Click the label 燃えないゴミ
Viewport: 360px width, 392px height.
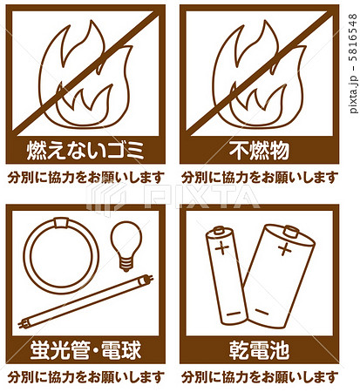[x=85, y=151]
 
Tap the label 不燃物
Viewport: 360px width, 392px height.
[x=259, y=151]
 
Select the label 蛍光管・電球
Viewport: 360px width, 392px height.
[x=85, y=349]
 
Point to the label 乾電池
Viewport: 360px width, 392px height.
[x=259, y=349]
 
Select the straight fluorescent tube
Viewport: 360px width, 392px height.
[x=85, y=301]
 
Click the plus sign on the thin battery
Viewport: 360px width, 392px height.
[x=221, y=249]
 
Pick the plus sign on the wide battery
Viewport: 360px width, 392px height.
[x=285, y=249]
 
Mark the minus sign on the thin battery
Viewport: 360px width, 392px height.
[x=234, y=314]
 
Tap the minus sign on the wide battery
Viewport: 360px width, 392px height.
[x=262, y=312]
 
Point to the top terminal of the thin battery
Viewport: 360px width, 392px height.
[x=219, y=231]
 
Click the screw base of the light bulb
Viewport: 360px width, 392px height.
[x=126, y=264]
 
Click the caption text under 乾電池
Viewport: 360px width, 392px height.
[x=260, y=377]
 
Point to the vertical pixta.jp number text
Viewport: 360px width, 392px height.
[x=353, y=64]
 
